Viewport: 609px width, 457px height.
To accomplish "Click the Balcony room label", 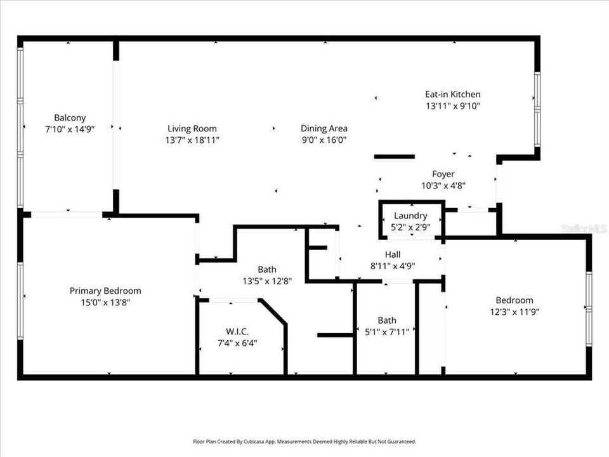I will [x=70, y=117].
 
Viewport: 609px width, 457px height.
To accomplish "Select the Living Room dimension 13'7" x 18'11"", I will [x=192, y=140].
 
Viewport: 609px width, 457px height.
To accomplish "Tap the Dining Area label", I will [x=324, y=128].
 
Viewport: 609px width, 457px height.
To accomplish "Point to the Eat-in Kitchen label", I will [x=452, y=95].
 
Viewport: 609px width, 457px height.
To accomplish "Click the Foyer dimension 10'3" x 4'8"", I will [x=443, y=185].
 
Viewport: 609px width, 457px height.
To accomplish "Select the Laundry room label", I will [x=410, y=216].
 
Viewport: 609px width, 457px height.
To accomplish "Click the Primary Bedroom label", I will [x=105, y=291].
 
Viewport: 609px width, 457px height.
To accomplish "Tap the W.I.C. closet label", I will [x=238, y=331].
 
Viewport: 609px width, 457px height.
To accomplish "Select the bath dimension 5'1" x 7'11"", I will [x=386, y=331].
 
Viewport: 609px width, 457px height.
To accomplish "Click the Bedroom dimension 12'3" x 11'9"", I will [x=514, y=312].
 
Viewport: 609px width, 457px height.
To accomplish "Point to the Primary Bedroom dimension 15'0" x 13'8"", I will [x=105, y=302].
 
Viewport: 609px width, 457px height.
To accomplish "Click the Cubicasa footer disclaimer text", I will [x=304, y=441].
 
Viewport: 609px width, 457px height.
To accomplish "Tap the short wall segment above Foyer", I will [x=394, y=156].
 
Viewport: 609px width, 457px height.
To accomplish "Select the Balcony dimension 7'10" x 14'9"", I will [x=70, y=129].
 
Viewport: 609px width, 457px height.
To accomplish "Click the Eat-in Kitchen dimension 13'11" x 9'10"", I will [x=452, y=106].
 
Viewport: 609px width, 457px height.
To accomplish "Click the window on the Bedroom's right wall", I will [x=589, y=308].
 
